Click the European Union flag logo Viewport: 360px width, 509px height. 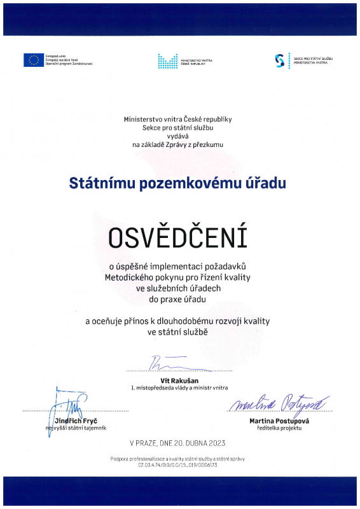pyautogui.click(x=32, y=60)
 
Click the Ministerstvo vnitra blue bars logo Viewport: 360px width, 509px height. pyautogui.click(x=168, y=60)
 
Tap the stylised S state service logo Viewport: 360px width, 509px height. pyautogui.click(x=279, y=60)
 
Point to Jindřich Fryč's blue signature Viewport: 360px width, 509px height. pyautogui.click(x=67, y=407)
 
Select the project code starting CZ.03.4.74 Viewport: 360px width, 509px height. pyautogui.click(x=177, y=465)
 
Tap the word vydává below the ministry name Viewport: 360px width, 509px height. pyautogui.click(x=178, y=136)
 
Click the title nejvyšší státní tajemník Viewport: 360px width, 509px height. pyautogui.click(x=70, y=429)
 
